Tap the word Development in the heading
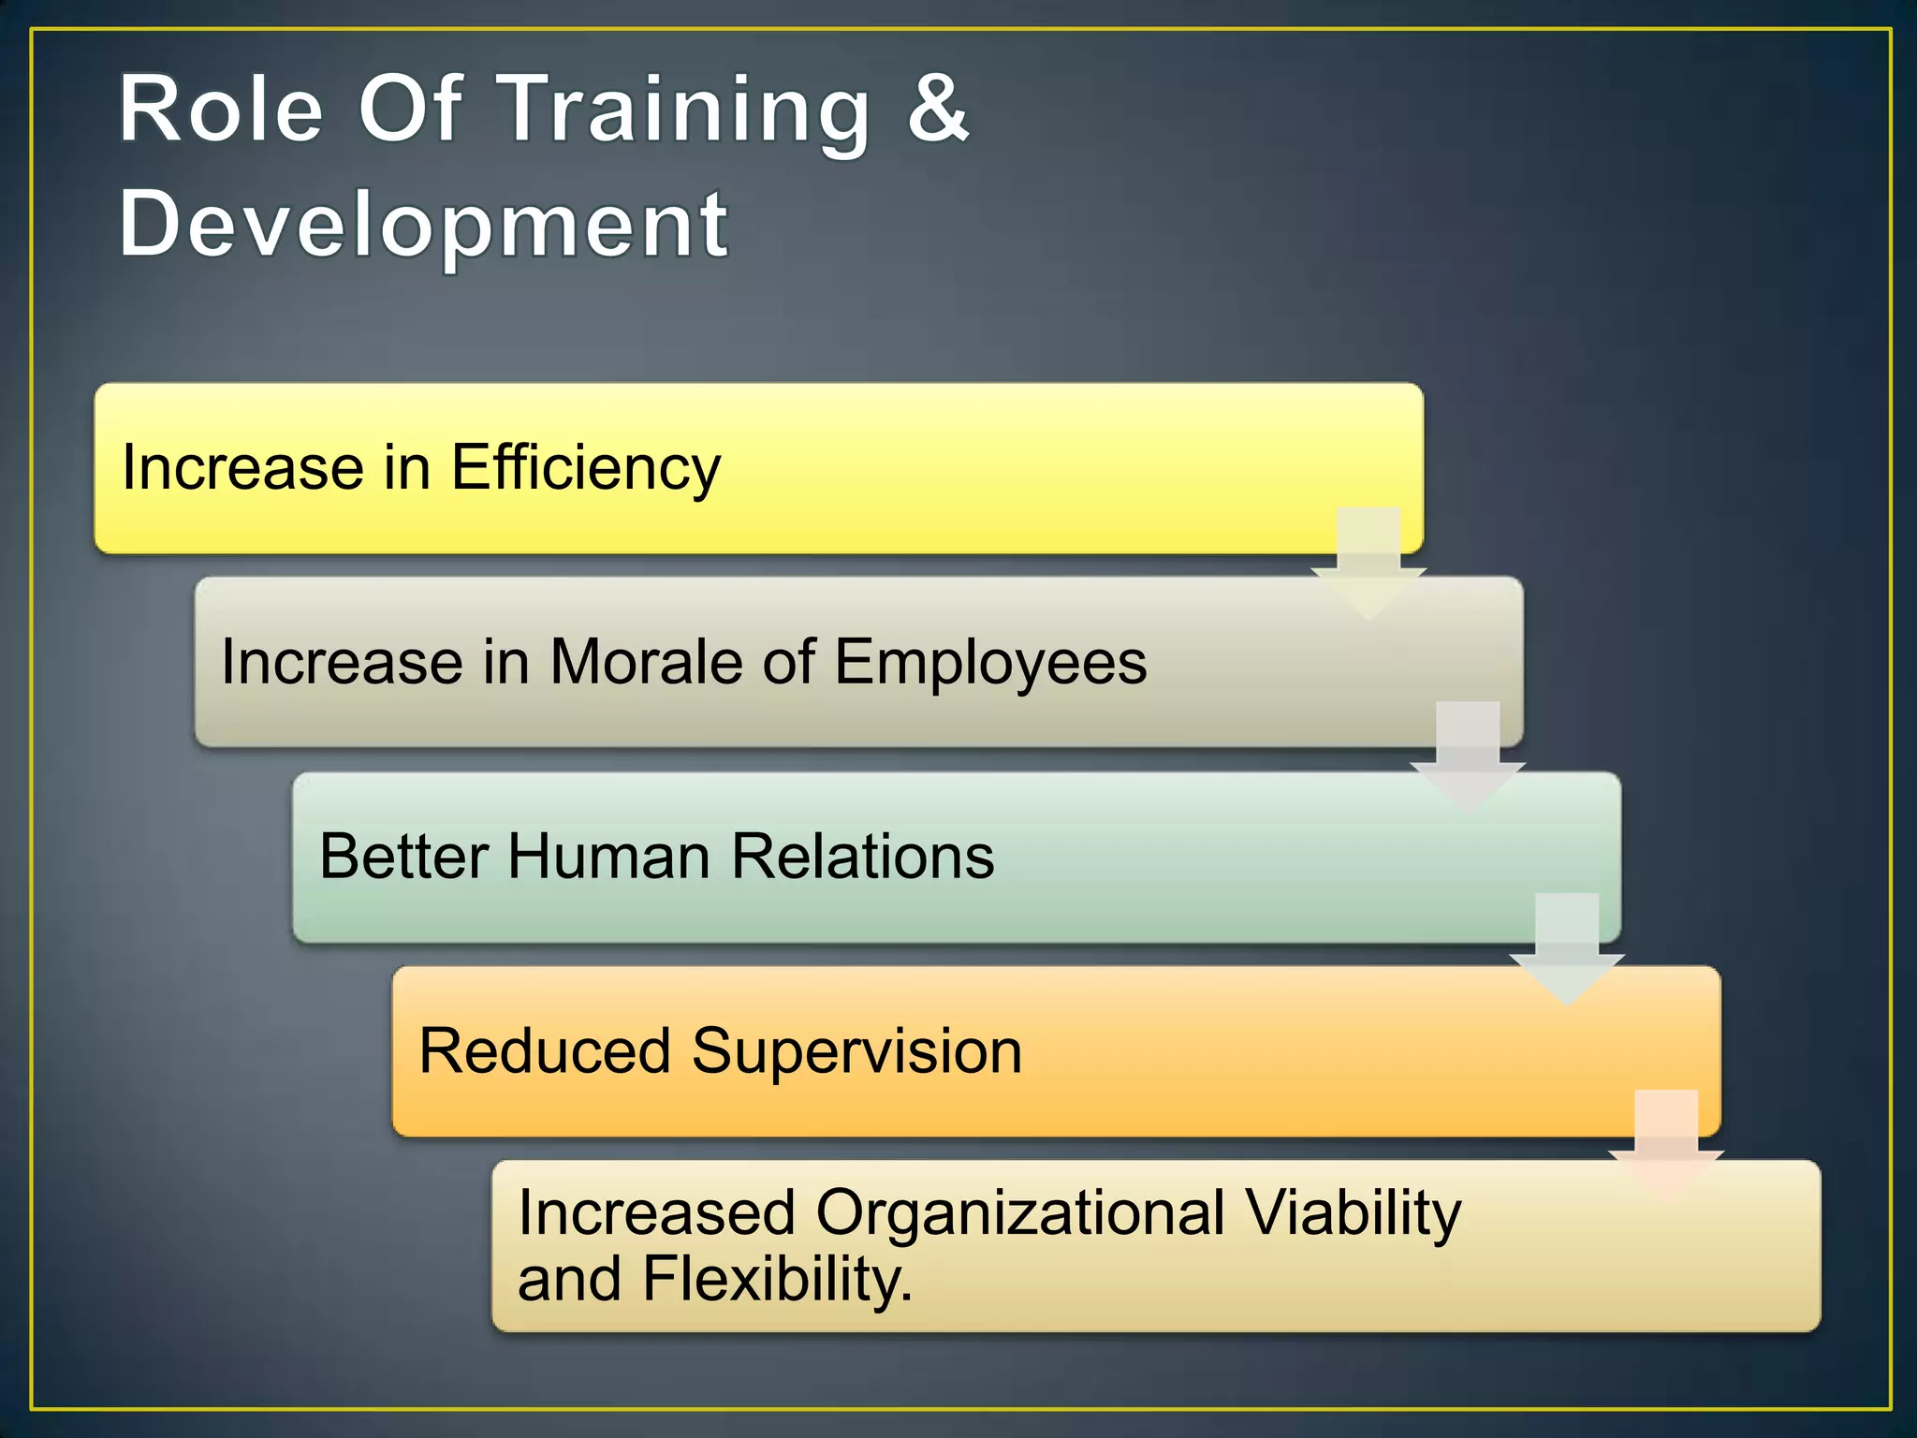coord(423,225)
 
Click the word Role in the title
coord(221,110)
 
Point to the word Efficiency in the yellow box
coord(586,468)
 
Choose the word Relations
coord(862,856)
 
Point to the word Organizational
coord(1020,1213)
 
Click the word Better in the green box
coord(403,856)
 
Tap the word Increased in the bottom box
coord(656,1213)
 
